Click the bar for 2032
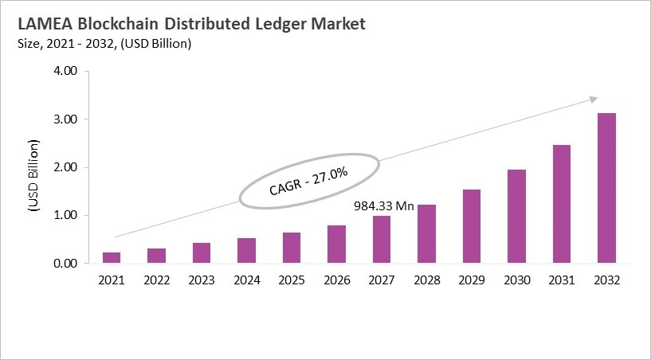tap(606, 188)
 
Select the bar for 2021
tap(112, 257)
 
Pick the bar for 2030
tap(516, 216)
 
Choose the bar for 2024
tap(246, 250)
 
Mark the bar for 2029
tap(472, 226)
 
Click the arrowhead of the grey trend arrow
tap(594, 99)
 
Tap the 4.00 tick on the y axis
tap(65, 72)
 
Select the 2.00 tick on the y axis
tap(65, 167)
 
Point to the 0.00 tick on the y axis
tap(65, 263)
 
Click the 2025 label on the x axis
tap(292, 280)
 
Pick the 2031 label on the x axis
tap(562, 280)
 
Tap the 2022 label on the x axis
tap(156, 280)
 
